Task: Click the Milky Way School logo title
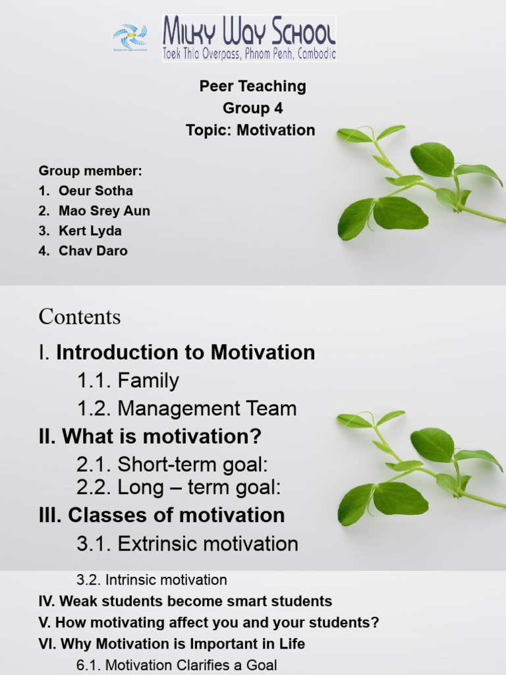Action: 249,31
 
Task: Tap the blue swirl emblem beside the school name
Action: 130,36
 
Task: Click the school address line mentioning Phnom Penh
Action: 249,54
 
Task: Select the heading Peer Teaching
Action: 252,86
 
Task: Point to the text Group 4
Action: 252,108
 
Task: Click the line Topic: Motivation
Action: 250,130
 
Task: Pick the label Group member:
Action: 90,171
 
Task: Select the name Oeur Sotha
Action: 96,191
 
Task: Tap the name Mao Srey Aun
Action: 104,211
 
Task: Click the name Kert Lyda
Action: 90,231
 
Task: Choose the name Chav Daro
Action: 93,250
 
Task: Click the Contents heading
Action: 80,317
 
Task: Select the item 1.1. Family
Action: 128,380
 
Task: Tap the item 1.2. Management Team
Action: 186,409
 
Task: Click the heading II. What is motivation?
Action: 150,436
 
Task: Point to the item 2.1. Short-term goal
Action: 173,464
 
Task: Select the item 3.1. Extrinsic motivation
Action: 187,544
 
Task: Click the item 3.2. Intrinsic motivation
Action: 152,580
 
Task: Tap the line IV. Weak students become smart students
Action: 185,601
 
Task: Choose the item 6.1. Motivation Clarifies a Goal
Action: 177,665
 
